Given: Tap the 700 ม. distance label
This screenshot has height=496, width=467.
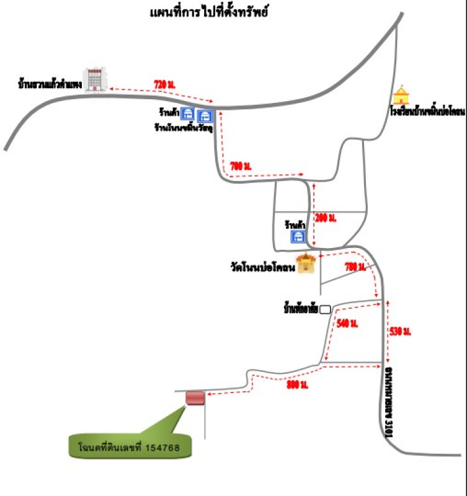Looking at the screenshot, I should coord(240,166).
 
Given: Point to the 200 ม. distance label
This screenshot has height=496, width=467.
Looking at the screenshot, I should coord(325,217).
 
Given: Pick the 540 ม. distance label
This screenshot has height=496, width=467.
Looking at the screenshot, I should coord(348,323).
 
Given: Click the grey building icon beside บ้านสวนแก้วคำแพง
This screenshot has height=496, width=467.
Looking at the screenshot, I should coord(96,78).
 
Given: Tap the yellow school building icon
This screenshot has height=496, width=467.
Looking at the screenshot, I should coord(403,94).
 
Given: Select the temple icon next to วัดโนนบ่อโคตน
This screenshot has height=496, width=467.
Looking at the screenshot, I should coord(305,263).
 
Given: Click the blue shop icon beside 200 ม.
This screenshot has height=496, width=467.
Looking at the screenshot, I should coord(298,236).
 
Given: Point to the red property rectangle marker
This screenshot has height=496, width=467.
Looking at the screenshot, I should coord(195,397).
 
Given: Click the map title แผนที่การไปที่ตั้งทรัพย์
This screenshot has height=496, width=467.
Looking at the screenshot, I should coord(208,12).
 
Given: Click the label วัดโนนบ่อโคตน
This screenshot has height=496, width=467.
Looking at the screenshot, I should coord(262,268).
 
